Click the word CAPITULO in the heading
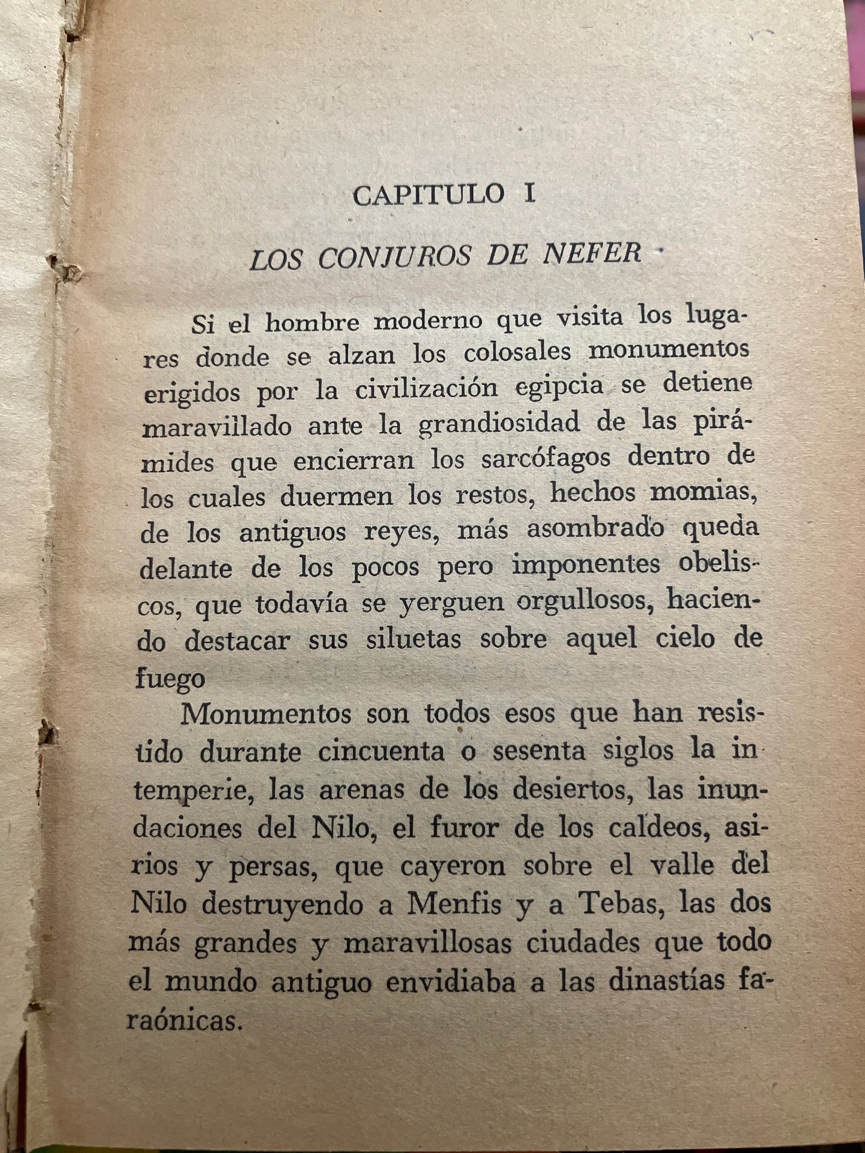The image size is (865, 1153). coord(428,195)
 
